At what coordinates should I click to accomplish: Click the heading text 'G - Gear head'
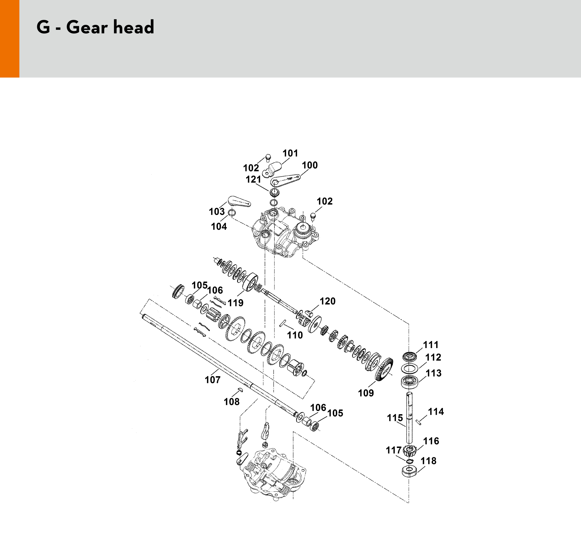[95, 27]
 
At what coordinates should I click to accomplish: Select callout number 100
[310, 165]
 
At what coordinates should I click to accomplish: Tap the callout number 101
[290, 153]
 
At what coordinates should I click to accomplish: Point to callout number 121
[253, 180]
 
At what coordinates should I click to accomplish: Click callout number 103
[217, 212]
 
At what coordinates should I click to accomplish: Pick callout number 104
[219, 226]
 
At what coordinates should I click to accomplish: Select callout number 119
[235, 303]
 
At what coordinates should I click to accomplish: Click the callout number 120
[328, 301]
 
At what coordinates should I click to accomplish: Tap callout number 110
[295, 335]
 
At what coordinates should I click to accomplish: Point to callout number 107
[213, 380]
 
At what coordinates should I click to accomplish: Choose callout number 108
[232, 402]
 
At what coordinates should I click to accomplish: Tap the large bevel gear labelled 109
[384, 369]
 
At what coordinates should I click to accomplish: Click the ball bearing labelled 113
[410, 382]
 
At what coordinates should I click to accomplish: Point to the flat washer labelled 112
[410, 368]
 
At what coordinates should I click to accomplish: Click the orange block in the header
[10, 39]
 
